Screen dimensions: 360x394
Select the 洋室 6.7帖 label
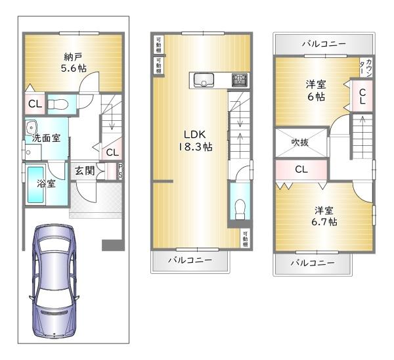(x=324, y=216)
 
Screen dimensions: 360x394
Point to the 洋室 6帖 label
(x=317, y=90)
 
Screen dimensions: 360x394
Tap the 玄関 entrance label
(x=84, y=171)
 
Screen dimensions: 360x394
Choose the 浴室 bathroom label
(x=45, y=184)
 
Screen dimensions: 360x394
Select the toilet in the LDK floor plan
(x=240, y=208)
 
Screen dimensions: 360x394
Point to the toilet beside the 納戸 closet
(x=59, y=104)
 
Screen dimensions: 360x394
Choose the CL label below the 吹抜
(x=301, y=169)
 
